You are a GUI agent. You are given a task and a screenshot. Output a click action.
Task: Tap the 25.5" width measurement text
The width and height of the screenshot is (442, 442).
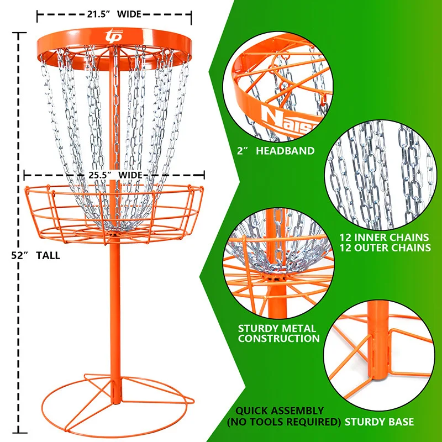click(x=114, y=175)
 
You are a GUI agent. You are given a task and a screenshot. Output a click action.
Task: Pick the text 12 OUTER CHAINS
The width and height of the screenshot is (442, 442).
click(x=385, y=248)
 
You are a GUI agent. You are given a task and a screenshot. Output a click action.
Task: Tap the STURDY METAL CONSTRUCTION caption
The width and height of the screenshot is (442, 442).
click(x=278, y=333)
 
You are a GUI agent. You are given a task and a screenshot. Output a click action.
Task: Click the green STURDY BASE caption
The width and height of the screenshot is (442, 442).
click(x=379, y=422)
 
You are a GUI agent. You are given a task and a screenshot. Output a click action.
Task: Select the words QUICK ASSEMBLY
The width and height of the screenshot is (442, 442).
click(x=280, y=411)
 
